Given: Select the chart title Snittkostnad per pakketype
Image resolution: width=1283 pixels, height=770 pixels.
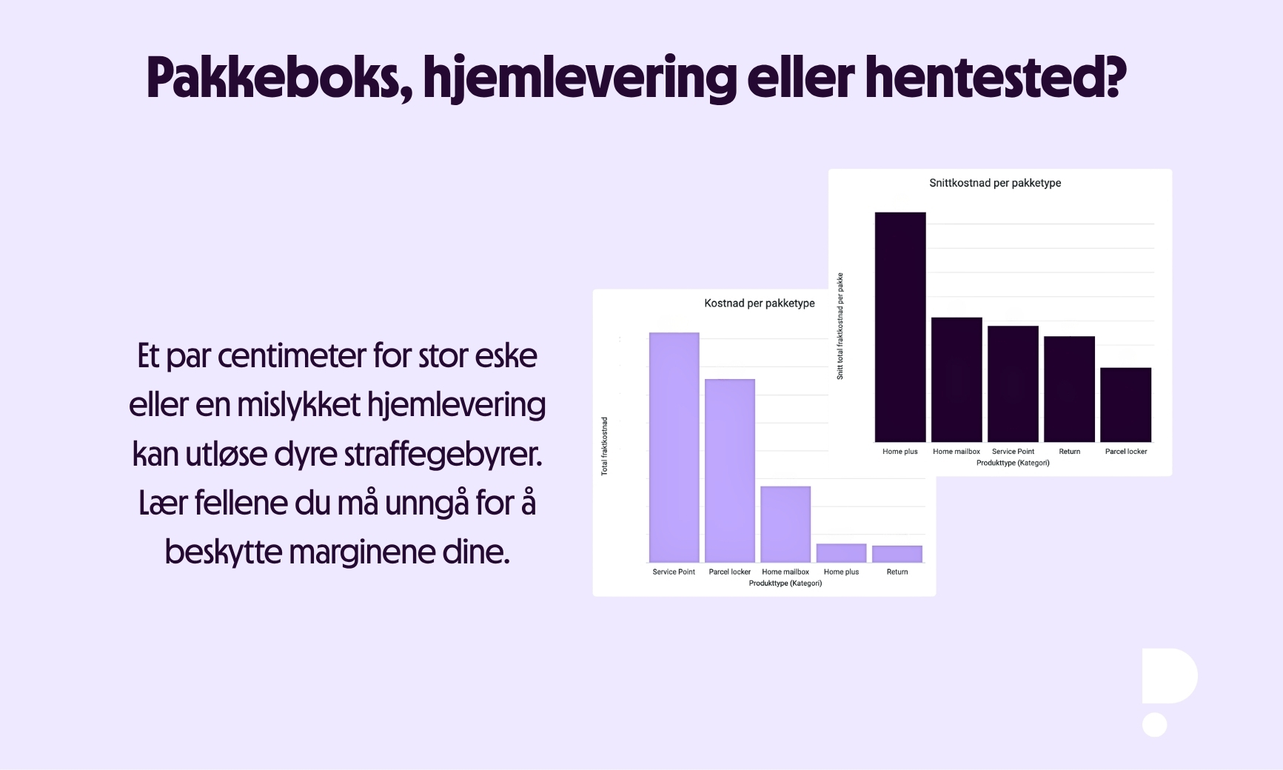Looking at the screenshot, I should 995,183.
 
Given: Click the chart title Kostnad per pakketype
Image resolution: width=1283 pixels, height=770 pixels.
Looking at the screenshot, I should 759,303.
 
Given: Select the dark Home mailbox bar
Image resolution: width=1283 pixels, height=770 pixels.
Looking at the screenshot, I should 957,379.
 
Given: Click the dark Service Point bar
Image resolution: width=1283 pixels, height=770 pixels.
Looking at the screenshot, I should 1013,384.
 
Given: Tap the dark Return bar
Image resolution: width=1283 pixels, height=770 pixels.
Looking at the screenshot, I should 1069,389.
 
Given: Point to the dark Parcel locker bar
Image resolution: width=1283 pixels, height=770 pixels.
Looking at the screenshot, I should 1125,404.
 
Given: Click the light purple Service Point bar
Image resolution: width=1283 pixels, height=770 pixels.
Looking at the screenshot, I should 674,447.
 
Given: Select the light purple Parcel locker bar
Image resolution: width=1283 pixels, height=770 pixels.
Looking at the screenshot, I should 729,470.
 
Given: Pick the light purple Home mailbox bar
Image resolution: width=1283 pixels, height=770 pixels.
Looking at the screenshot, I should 785,524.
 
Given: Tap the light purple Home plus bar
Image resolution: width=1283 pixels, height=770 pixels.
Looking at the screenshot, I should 841,553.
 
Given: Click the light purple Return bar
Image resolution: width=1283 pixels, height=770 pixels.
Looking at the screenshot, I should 897,554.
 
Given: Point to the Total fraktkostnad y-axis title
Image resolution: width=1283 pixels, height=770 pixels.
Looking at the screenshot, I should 604,446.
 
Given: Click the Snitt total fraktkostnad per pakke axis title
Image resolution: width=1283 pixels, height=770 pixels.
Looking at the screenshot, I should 840,327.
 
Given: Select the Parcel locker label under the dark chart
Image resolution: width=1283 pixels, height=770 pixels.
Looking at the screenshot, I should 1125,452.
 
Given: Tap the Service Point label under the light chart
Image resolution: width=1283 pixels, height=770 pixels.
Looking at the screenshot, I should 674,572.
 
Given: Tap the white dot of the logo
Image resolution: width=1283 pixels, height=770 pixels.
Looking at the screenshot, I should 1154,725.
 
